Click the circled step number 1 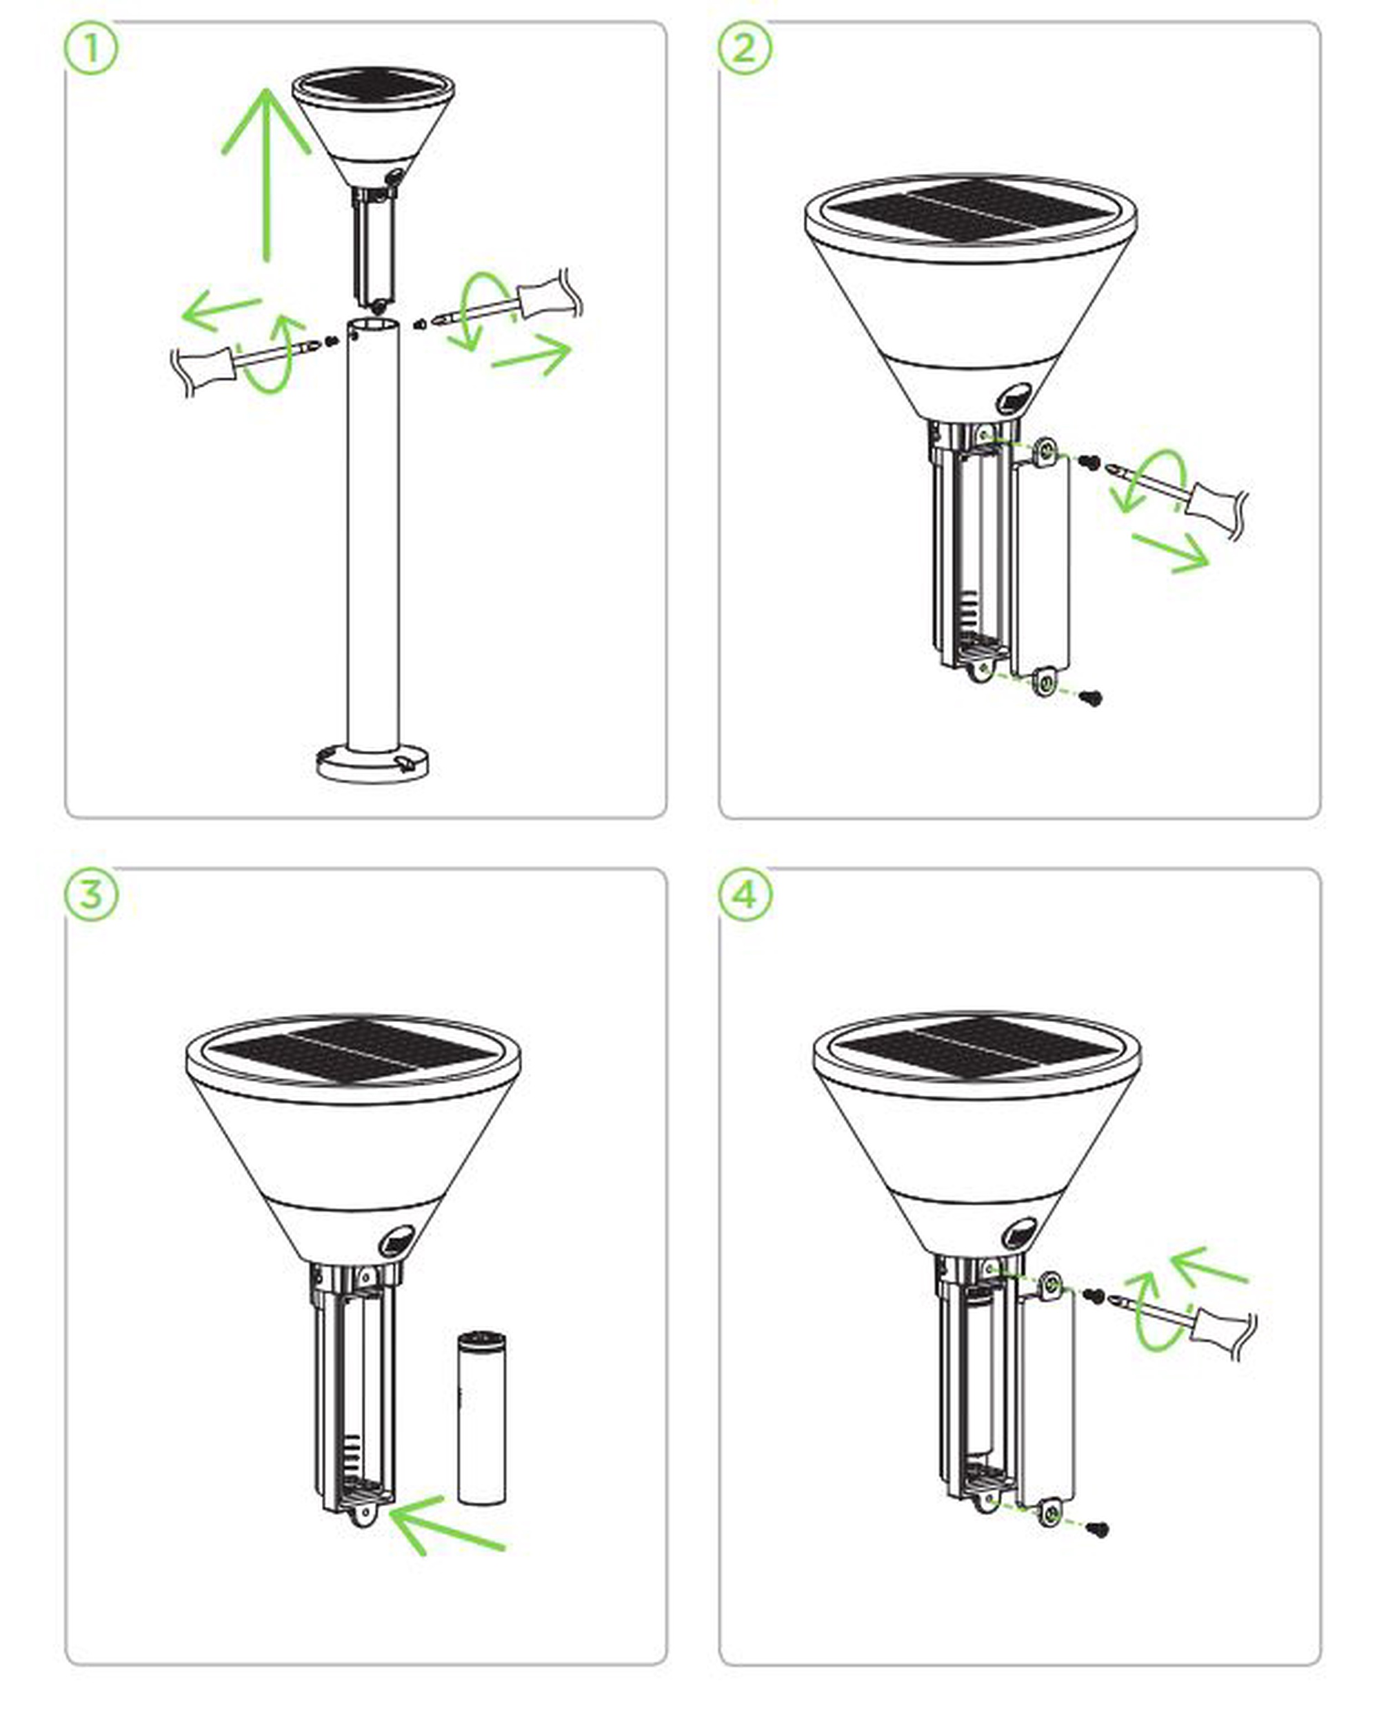[90, 49]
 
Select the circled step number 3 [90, 894]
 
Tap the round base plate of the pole [373, 763]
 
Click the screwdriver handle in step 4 [1223, 1328]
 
